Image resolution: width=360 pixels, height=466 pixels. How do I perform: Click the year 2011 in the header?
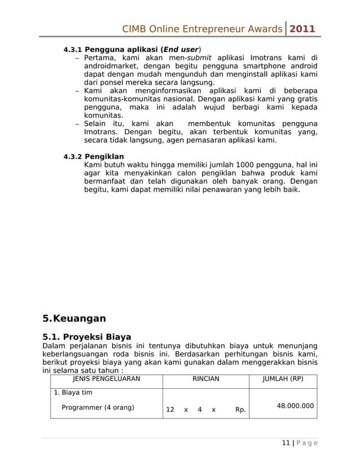click(x=302, y=29)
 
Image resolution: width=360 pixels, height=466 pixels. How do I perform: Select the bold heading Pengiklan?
click(x=104, y=156)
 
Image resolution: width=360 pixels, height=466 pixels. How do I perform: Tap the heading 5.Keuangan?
click(x=74, y=319)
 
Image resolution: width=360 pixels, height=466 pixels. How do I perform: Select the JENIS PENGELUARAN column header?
click(x=106, y=379)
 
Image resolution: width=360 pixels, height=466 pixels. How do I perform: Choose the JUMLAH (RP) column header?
click(x=283, y=379)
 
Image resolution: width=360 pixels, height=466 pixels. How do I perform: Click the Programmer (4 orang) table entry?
click(x=98, y=407)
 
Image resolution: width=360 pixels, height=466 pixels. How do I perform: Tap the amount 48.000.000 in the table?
click(x=295, y=406)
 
